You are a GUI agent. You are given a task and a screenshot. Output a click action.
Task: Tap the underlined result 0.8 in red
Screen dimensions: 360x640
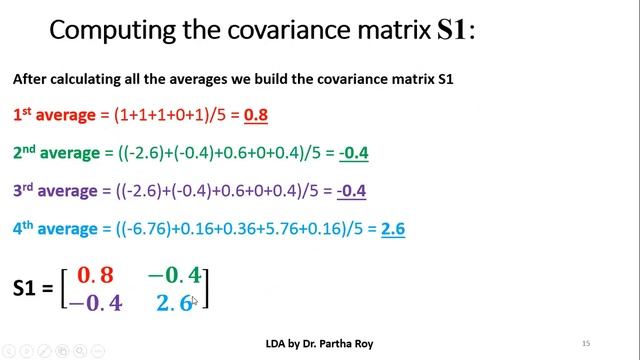[256, 115]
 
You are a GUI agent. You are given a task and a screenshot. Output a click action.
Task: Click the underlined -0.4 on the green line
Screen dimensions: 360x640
[353, 153]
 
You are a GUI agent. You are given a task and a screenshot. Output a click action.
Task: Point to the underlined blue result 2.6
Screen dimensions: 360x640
[392, 229]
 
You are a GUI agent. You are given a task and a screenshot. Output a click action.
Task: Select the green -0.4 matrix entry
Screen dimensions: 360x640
[174, 275]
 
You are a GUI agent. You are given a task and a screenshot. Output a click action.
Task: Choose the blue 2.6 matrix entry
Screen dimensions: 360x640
[174, 302]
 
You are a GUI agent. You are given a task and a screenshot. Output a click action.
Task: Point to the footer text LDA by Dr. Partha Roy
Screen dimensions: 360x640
[319, 342]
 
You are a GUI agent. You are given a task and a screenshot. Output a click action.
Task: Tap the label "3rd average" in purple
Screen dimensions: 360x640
[55, 191]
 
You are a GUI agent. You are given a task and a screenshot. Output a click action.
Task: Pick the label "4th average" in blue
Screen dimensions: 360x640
[55, 229]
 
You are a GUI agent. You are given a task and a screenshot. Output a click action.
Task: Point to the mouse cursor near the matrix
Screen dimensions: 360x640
[195, 301]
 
